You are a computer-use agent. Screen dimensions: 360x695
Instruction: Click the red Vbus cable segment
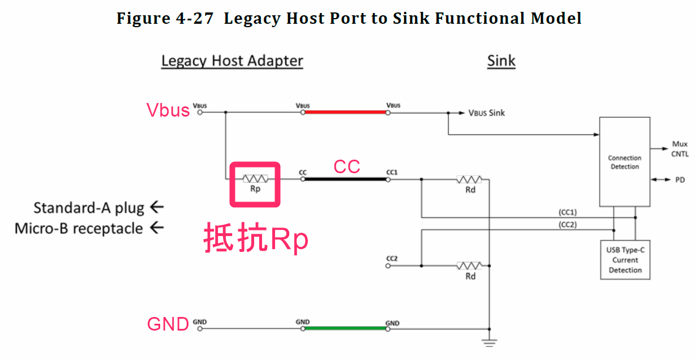[x=345, y=112]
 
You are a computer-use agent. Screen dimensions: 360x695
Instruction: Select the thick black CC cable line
[x=345, y=179]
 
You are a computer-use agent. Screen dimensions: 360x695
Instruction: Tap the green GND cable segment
[x=345, y=328]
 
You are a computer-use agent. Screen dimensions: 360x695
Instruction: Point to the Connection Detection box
[x=624, y=162]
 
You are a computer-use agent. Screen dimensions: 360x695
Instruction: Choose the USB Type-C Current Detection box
[x=624, y=260]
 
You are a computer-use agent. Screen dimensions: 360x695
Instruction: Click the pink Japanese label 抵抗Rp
[x=256, y=238]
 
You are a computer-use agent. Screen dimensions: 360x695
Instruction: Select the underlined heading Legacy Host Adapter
[x=232, y=61]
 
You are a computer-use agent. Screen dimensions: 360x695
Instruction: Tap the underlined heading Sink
[x=501, y=61]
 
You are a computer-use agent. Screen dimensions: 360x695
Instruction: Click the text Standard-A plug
[x=89, y=208]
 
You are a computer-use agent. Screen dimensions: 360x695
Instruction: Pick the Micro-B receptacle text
[x=79, y=229]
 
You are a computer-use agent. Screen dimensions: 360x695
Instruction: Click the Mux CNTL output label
[x=680, y=149]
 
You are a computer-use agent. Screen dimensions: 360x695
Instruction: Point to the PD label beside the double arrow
[x=680, y=180]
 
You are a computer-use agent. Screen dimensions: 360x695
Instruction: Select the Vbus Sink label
[x=486, y=113]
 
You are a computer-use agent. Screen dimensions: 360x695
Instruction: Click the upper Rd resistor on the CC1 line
[x=469, y=179]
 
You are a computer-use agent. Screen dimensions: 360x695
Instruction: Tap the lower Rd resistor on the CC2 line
[x=469, y=265]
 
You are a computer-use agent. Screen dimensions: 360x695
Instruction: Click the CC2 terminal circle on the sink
[x=388, y=265]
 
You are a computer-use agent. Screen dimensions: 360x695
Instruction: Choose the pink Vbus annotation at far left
[x=168, y=110]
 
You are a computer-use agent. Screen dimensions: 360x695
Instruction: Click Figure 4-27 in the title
[x=165, y=19]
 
